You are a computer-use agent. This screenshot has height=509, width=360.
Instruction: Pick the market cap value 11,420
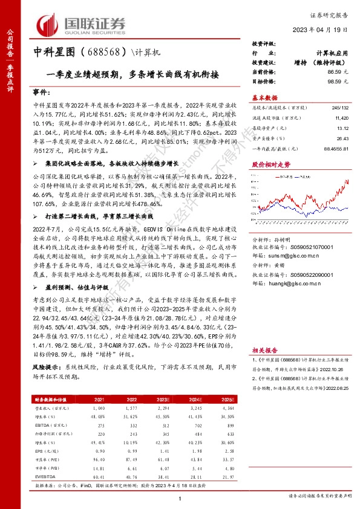340,119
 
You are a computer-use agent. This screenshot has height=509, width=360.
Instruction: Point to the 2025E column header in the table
226,399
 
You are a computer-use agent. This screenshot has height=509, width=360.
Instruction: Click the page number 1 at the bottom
180,498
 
